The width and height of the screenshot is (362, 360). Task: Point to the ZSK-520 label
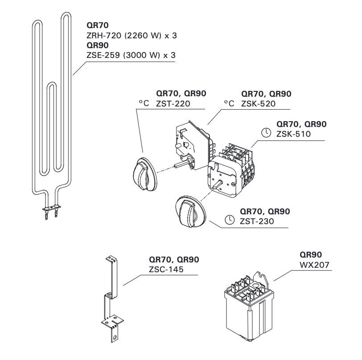click(x=258, y=104)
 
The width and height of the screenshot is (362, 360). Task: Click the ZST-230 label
click(x=256, y=221)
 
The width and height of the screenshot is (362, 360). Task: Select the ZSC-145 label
click(x=166, y=269)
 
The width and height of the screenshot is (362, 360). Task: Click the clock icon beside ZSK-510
click(x=266, y=133)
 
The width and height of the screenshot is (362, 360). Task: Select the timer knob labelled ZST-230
click(x=189, y=212)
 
